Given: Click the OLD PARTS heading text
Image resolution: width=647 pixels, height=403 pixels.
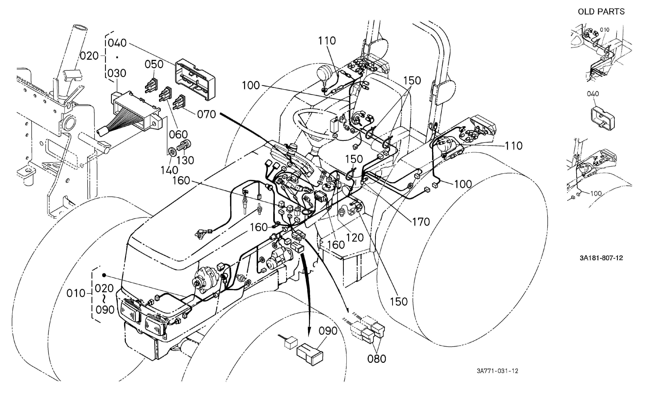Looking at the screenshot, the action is coord(601,12).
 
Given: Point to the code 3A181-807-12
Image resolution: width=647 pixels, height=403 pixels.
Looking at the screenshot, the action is coord(601,258).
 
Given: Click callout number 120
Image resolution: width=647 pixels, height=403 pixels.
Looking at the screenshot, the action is coord(355,238).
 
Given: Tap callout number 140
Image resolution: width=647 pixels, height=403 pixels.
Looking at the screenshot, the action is coord(169,170).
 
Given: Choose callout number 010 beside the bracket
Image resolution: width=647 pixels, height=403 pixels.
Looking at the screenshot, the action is coord(76,293).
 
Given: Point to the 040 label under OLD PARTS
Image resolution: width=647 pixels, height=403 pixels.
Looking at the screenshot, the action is coord(593,94).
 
